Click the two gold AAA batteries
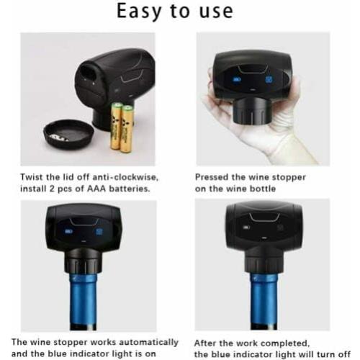pyautogui.click(x=121, y=125)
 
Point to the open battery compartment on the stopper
pyautogui.click(x=91, y=72)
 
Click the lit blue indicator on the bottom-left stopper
pyautogui.click(x=69, y=232)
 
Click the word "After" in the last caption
pyautogui.click(x=210, y=342)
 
